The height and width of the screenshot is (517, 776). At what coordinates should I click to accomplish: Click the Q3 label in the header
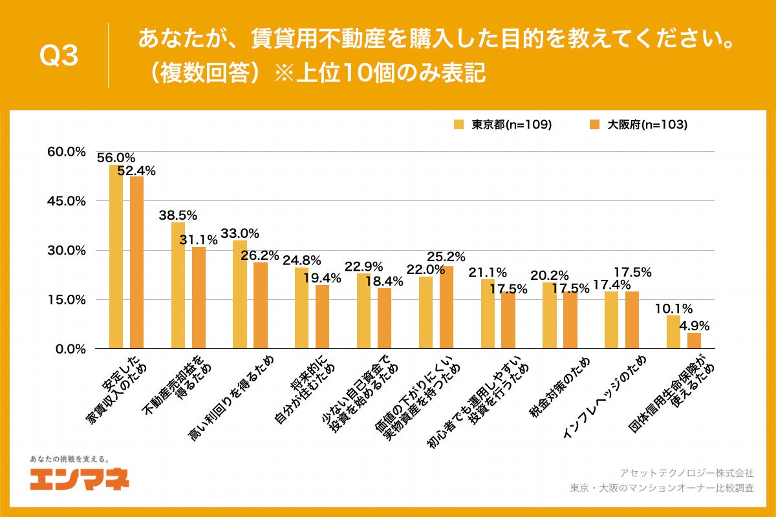coord(59,56)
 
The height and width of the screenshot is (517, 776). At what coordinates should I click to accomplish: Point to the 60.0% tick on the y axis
coord(67,152)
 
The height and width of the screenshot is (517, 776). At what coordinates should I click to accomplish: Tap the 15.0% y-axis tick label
coord(67,299)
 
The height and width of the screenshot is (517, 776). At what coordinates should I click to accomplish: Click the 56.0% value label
coord(116,158)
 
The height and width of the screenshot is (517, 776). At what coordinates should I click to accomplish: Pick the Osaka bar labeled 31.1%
coord(199,298)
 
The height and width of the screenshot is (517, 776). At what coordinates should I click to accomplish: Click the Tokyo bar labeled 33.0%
coord(240,295)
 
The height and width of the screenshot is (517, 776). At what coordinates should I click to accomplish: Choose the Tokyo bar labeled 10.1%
coord(673,332)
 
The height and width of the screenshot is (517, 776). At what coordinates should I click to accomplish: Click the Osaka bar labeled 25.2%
coord(446,308)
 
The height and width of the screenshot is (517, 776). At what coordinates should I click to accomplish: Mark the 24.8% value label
coord(301,261)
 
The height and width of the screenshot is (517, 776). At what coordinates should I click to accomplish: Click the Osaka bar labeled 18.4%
coord(384,319)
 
